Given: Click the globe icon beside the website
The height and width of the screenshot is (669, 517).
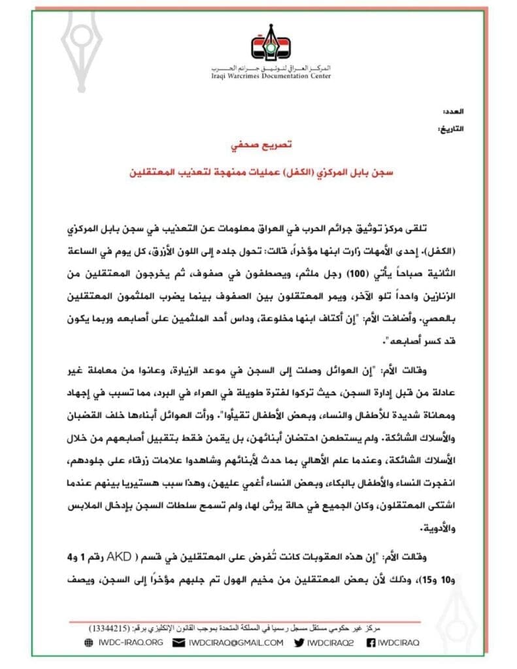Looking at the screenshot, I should point(89,642).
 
